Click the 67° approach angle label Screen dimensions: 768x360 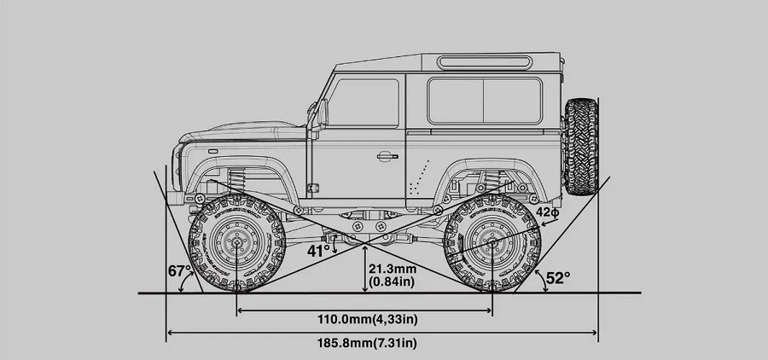pos(179,271)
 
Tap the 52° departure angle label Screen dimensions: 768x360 pos(558,278)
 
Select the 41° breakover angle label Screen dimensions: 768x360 pos(319,252)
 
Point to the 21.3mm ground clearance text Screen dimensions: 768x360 pos(393,269)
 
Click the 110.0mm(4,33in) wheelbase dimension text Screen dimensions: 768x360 pos(367,319)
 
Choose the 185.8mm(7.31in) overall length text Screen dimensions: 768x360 pos(367,343)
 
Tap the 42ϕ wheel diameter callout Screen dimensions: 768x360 pos(547,212)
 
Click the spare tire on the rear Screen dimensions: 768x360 pos(581,147)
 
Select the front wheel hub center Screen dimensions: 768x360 pos(236,242)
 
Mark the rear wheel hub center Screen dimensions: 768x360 pos(492,242)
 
